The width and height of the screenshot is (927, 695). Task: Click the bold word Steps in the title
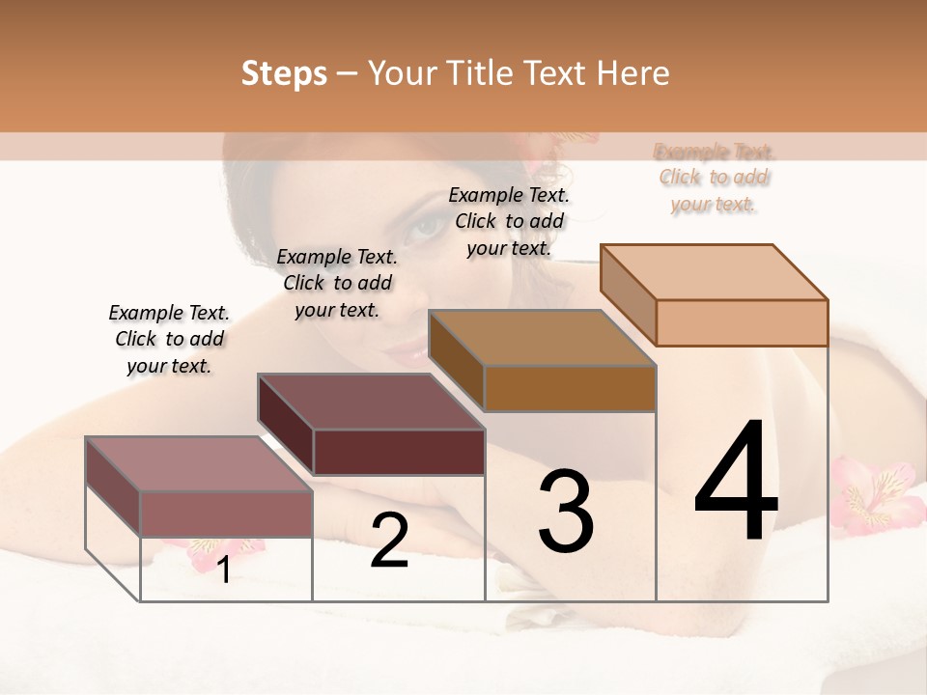(x=284, y=73)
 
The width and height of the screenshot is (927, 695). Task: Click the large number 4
(x=736, y=483)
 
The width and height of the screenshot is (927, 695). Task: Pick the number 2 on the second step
(x=389, y=541)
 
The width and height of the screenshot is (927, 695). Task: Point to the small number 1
(x=224, y=570)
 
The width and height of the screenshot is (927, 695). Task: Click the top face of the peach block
(x=713, y=272)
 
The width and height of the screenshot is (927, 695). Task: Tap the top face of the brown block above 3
(x=541, y=338)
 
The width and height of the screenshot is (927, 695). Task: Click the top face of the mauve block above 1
(x=198, y=464)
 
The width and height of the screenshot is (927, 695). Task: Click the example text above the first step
(x=169, y=339)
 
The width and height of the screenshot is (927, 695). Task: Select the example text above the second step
(x=337, y=283)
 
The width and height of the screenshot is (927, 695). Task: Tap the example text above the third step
(x=509, y=221)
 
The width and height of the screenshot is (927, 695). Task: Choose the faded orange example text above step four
(x=714, y=178)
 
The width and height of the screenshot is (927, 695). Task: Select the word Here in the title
(x=635, y=73)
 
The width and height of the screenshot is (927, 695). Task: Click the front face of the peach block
(x=742, y=322)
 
